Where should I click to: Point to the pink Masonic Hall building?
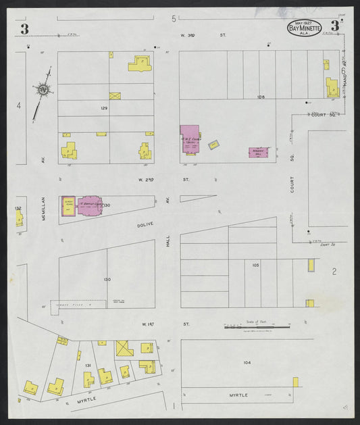coord(259,153)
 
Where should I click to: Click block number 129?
coord(104,108)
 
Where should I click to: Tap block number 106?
coord(261,97)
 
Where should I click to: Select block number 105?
coord(256,265)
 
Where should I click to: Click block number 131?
coord(88,366)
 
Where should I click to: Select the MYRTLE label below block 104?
coord(238,395)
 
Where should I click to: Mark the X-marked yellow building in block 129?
coord(115,97)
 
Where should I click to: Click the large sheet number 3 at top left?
coord(24,28)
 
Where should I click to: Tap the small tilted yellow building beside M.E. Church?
coord(213,145)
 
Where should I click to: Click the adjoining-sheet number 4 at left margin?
coord(19,105)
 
